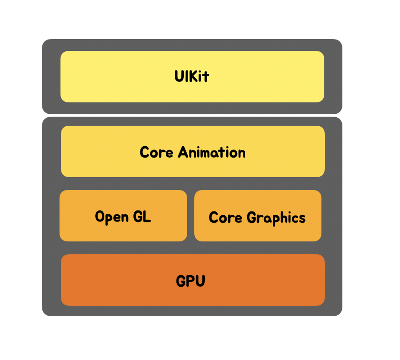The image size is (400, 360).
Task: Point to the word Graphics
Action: tap(276, 218)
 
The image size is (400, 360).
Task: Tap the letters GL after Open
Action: tap(142, 217)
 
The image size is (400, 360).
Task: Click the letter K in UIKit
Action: tap(192, 76)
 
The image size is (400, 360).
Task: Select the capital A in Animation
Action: tap(183, 152)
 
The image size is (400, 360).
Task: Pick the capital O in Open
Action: tap(100, 217)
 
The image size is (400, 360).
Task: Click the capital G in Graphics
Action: tap(252, 218)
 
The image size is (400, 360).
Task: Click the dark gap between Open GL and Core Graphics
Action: tap(190, 216)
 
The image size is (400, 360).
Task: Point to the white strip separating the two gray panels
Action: tap(192, 115)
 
